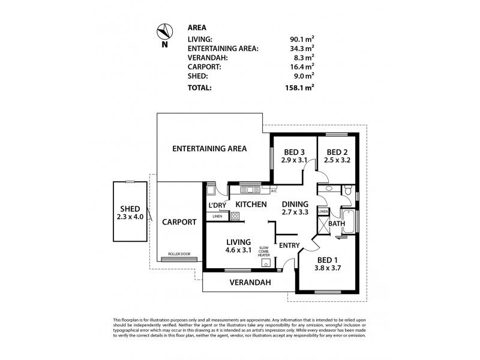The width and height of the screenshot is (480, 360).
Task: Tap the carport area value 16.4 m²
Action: (x=301, y=67)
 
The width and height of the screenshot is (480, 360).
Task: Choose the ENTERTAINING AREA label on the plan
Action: (x=209, y=148)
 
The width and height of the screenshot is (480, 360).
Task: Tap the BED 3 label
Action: (x=294, y=152)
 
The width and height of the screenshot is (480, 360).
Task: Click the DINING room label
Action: (x=294, y=204)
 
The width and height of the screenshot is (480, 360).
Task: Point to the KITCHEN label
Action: (x=251, y=205)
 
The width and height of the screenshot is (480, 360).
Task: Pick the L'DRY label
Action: (x=217, y=205)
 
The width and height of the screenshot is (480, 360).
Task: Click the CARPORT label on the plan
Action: (x=179, y=221)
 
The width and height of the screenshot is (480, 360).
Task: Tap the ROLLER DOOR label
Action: (x=179, y=254)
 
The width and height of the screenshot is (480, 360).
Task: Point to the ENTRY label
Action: (x=290, y=245)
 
